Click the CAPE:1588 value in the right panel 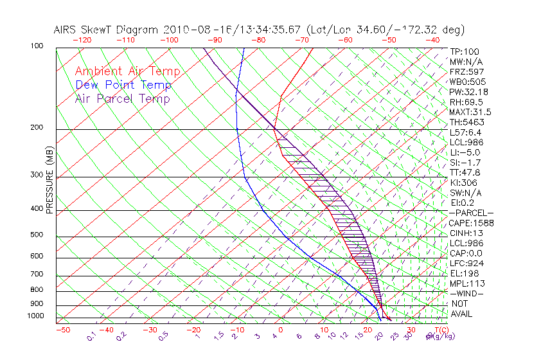470,223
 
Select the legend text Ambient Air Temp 128,71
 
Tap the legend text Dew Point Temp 123,85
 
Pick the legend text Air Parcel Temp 122,98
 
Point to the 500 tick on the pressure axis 37,235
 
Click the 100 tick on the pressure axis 37,46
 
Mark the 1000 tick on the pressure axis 36,316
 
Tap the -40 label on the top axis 432,40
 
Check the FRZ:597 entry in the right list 466,71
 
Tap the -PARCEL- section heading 471,213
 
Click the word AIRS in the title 66,30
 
